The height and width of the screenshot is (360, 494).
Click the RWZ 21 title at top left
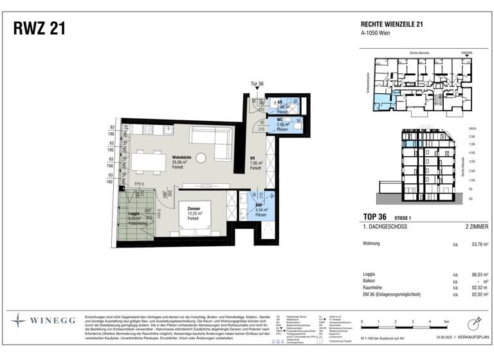[x=38, y=28]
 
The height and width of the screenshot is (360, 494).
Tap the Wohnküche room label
[x=181, y=158]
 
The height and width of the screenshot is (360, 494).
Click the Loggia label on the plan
[x=133, y=213]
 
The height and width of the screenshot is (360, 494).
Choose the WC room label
[x=281, y=120]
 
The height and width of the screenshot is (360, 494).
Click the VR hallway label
[x=253, y=157]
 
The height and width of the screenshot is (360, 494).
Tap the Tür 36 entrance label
[x=258, y=84]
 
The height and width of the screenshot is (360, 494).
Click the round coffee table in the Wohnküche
[x=202, y=157]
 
